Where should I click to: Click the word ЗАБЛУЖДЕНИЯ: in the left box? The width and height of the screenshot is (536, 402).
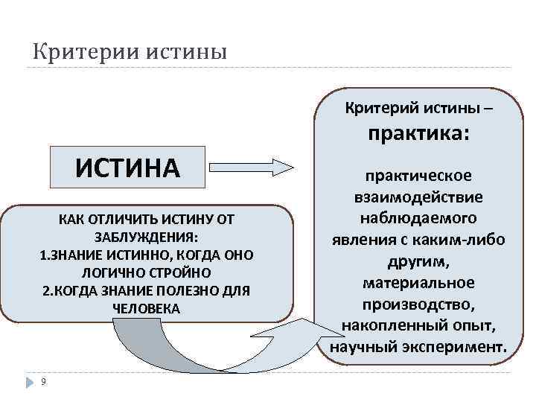point(145,237)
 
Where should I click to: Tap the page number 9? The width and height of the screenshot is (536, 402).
point(44,382)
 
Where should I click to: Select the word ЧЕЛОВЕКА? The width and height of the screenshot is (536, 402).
point(145,307)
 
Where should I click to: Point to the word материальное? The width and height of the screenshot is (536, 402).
point(418,284)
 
